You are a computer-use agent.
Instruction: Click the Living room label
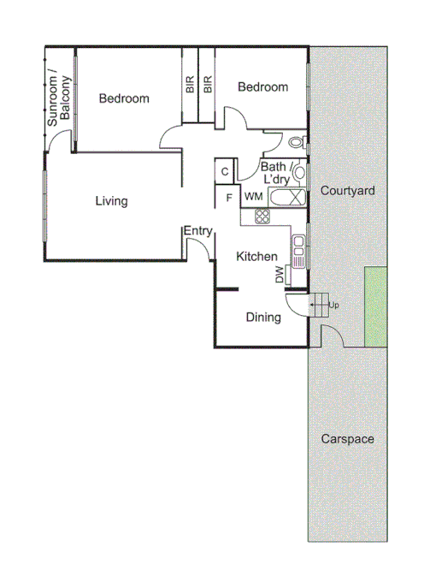click(111, 202)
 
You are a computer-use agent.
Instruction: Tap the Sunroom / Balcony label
click(58, 98)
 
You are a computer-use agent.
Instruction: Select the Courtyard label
click(347, 191)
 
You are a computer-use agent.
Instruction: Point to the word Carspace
click(347, 439)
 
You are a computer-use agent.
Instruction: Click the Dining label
click(263, 318)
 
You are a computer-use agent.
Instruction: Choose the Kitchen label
click(256, 257)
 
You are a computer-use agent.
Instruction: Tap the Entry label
click(197, 231)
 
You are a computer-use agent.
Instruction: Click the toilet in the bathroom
click(295, 143)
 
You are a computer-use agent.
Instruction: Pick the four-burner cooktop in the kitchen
click(262, 217)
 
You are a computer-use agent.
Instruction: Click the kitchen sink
click(298, 249)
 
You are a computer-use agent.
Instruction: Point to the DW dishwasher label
click(280, 275)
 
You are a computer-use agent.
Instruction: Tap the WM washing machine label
click(254, 197)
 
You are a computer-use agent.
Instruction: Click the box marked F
click(228, 198)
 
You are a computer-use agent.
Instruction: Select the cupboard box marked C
click(224, 171)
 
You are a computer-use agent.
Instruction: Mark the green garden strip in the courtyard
click(376, 306)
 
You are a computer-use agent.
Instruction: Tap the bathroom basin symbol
click(298, 172)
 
